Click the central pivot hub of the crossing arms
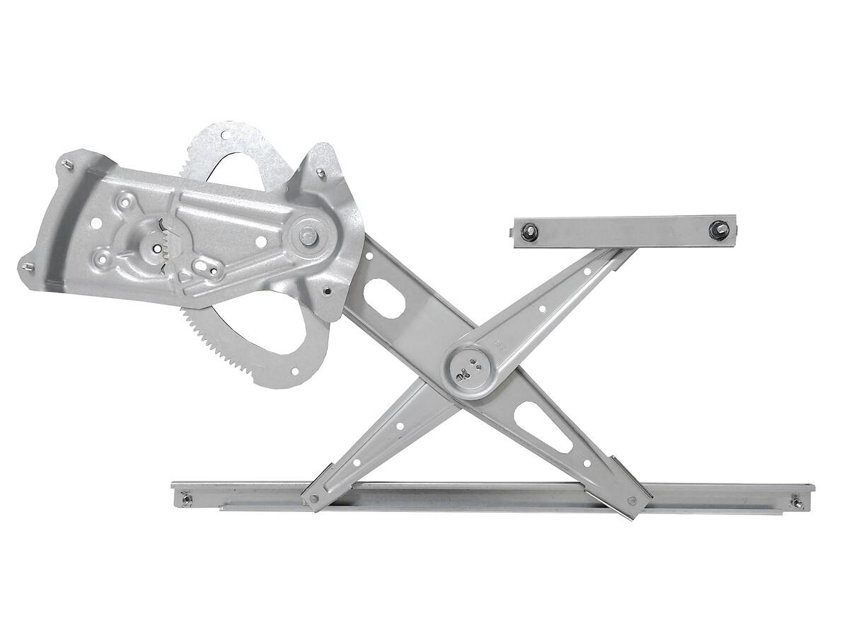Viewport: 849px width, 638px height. [x=469, y=368]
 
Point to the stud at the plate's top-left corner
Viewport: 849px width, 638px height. [x=68, y=165]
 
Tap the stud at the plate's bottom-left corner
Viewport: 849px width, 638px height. [x=28, y=267]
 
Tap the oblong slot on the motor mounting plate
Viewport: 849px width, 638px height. [x=205, y=268]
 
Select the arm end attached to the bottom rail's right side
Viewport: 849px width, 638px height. [x=632, y=500]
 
